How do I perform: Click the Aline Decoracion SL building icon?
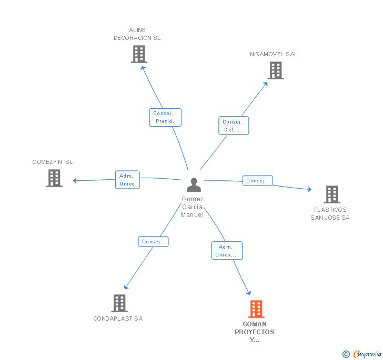point(138,54)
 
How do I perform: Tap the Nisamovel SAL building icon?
point(275,70)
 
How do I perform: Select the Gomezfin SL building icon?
point(54,178)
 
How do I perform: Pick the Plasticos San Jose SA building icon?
point(331,194)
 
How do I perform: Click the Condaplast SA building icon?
point(119,303)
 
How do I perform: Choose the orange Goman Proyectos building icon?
point(256,309)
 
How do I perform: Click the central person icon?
point(194,184)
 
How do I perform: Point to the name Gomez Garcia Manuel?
point(193,207)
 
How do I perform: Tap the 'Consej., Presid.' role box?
point(165,117)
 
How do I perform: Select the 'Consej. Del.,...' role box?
point(234,126)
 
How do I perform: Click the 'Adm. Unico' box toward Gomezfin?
point(127,180)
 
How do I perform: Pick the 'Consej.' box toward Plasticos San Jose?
point(257,181)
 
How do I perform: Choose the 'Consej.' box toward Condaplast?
point(153,242)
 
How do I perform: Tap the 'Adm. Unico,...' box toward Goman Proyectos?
point(227,251)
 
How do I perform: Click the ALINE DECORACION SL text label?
point(137,34)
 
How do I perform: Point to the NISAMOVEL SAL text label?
point(274,54)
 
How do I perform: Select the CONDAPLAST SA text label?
point(118,318)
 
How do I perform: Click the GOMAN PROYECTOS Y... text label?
point(255,332)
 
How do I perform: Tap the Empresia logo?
point(362,354)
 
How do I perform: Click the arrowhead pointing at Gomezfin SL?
point(75,181)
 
